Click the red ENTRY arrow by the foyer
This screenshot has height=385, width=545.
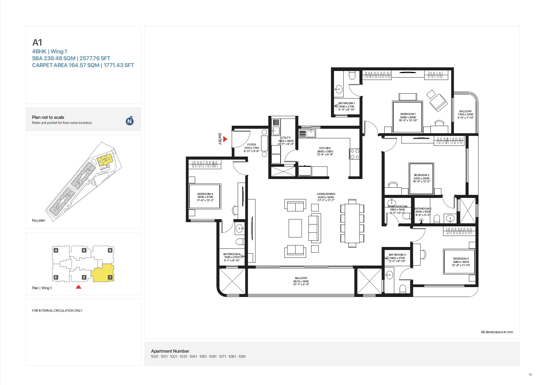pyautogui.click(x=225, y=139)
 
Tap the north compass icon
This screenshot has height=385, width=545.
pyautogui.click(x=130, y=121)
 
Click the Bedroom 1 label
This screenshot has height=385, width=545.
pyautogui.click(x=408, y=117)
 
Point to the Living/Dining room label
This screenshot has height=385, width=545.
pyautogui.click(x=326, y=197)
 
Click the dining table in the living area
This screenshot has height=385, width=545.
pyautogui.click(x=352, y=223)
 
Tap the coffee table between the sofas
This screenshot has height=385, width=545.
pyautogui.click(x=295, y=228)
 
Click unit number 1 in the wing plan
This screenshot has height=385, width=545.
pyautogui.click(x=110, y=277)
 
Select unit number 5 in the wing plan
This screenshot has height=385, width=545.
pyautogui.click(x=84, y=250)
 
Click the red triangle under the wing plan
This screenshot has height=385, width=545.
pyautogui.click(x=79, y=287)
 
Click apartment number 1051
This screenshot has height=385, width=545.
pyautogui.click(x=203, y=357)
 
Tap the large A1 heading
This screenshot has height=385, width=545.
pyautogui.click(x=37, y=43)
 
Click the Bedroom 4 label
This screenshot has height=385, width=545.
pyautogui.click(x=205, y=197)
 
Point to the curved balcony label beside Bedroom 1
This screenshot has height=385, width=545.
pyautogui.click(x=465, y=114)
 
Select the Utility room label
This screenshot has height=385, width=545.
pyautogui.click(x=286, y=141)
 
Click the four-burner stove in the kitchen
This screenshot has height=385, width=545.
pyautogui.click(x=355, y=154)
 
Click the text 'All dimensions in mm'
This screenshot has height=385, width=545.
pyautogui.click(x=496, y=332)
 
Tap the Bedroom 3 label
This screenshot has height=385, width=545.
pyautogui.click(x=461, y=262)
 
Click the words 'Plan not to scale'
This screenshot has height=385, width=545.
pyautogui.click(x=48, y=117)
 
